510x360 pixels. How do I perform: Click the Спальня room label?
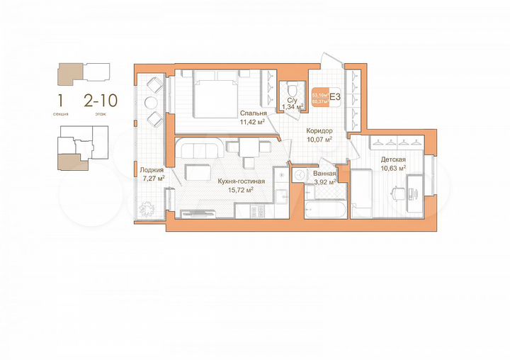(253, 113)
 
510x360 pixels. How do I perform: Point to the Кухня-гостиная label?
(241, 181)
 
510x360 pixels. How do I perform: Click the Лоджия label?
(152, 170)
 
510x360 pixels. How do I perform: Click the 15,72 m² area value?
(241, 190)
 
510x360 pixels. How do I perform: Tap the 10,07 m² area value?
(319, 140)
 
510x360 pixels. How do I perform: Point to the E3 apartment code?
(336, 97)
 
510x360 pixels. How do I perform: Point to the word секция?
(61, 113)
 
